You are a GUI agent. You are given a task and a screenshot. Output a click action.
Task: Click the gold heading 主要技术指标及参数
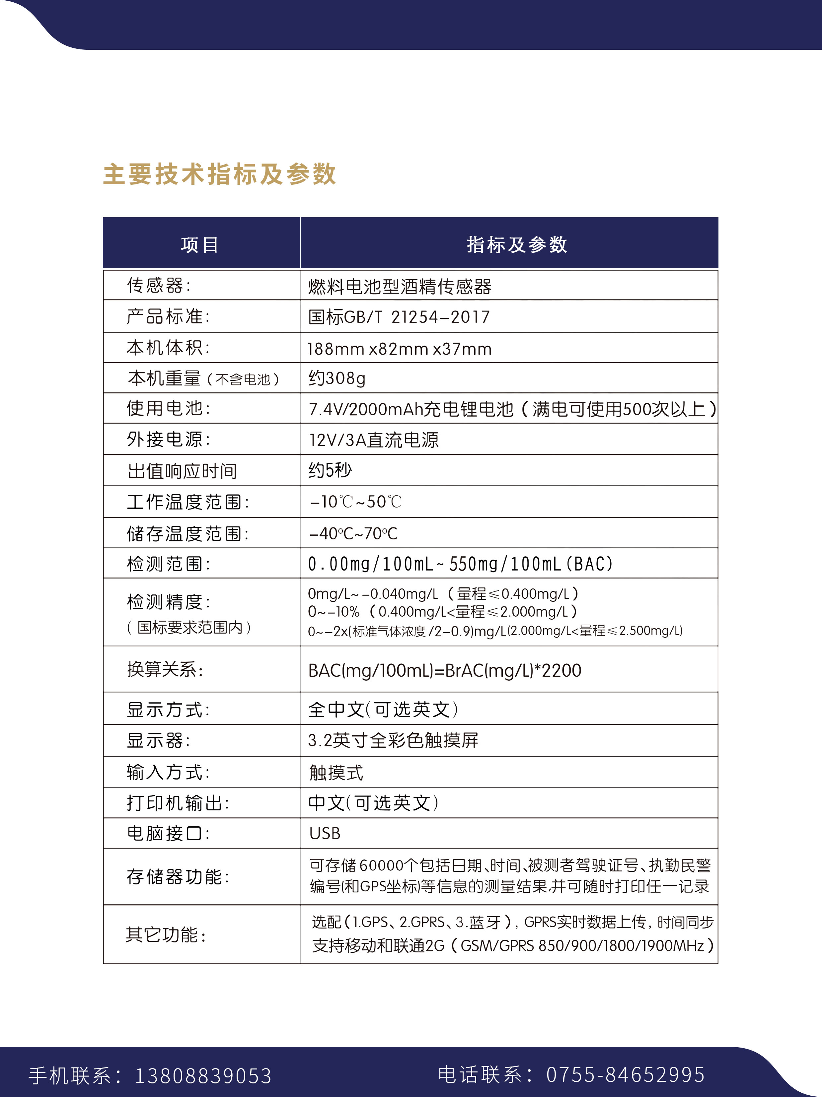coord(219,174)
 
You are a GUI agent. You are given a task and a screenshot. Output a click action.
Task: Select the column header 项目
coord(199,244)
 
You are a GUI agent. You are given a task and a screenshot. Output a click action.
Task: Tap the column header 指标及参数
coord(516,244)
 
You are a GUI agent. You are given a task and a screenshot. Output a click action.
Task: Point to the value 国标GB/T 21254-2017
coord(399,317)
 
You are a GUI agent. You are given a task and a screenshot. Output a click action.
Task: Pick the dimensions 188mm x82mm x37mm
coord(399,349)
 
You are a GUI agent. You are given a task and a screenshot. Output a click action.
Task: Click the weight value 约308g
coord(337,378)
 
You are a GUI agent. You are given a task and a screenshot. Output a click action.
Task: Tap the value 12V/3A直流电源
coord(374,440)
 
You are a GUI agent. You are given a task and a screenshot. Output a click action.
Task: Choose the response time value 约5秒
coord(330,470)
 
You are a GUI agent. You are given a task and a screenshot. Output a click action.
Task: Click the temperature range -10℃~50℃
coord(355,502)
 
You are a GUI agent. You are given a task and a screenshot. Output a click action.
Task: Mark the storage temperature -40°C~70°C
coord(353,534)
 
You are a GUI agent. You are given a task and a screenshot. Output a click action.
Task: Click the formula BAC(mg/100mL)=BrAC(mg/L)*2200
coord(444,670)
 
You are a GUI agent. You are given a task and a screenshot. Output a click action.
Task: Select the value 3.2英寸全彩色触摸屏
coord(393,740)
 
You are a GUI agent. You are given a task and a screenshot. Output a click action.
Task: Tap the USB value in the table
coord(325,834)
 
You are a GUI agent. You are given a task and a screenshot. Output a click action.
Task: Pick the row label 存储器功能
coord(178,877)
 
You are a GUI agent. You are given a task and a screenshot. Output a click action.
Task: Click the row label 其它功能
coord(166,935)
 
